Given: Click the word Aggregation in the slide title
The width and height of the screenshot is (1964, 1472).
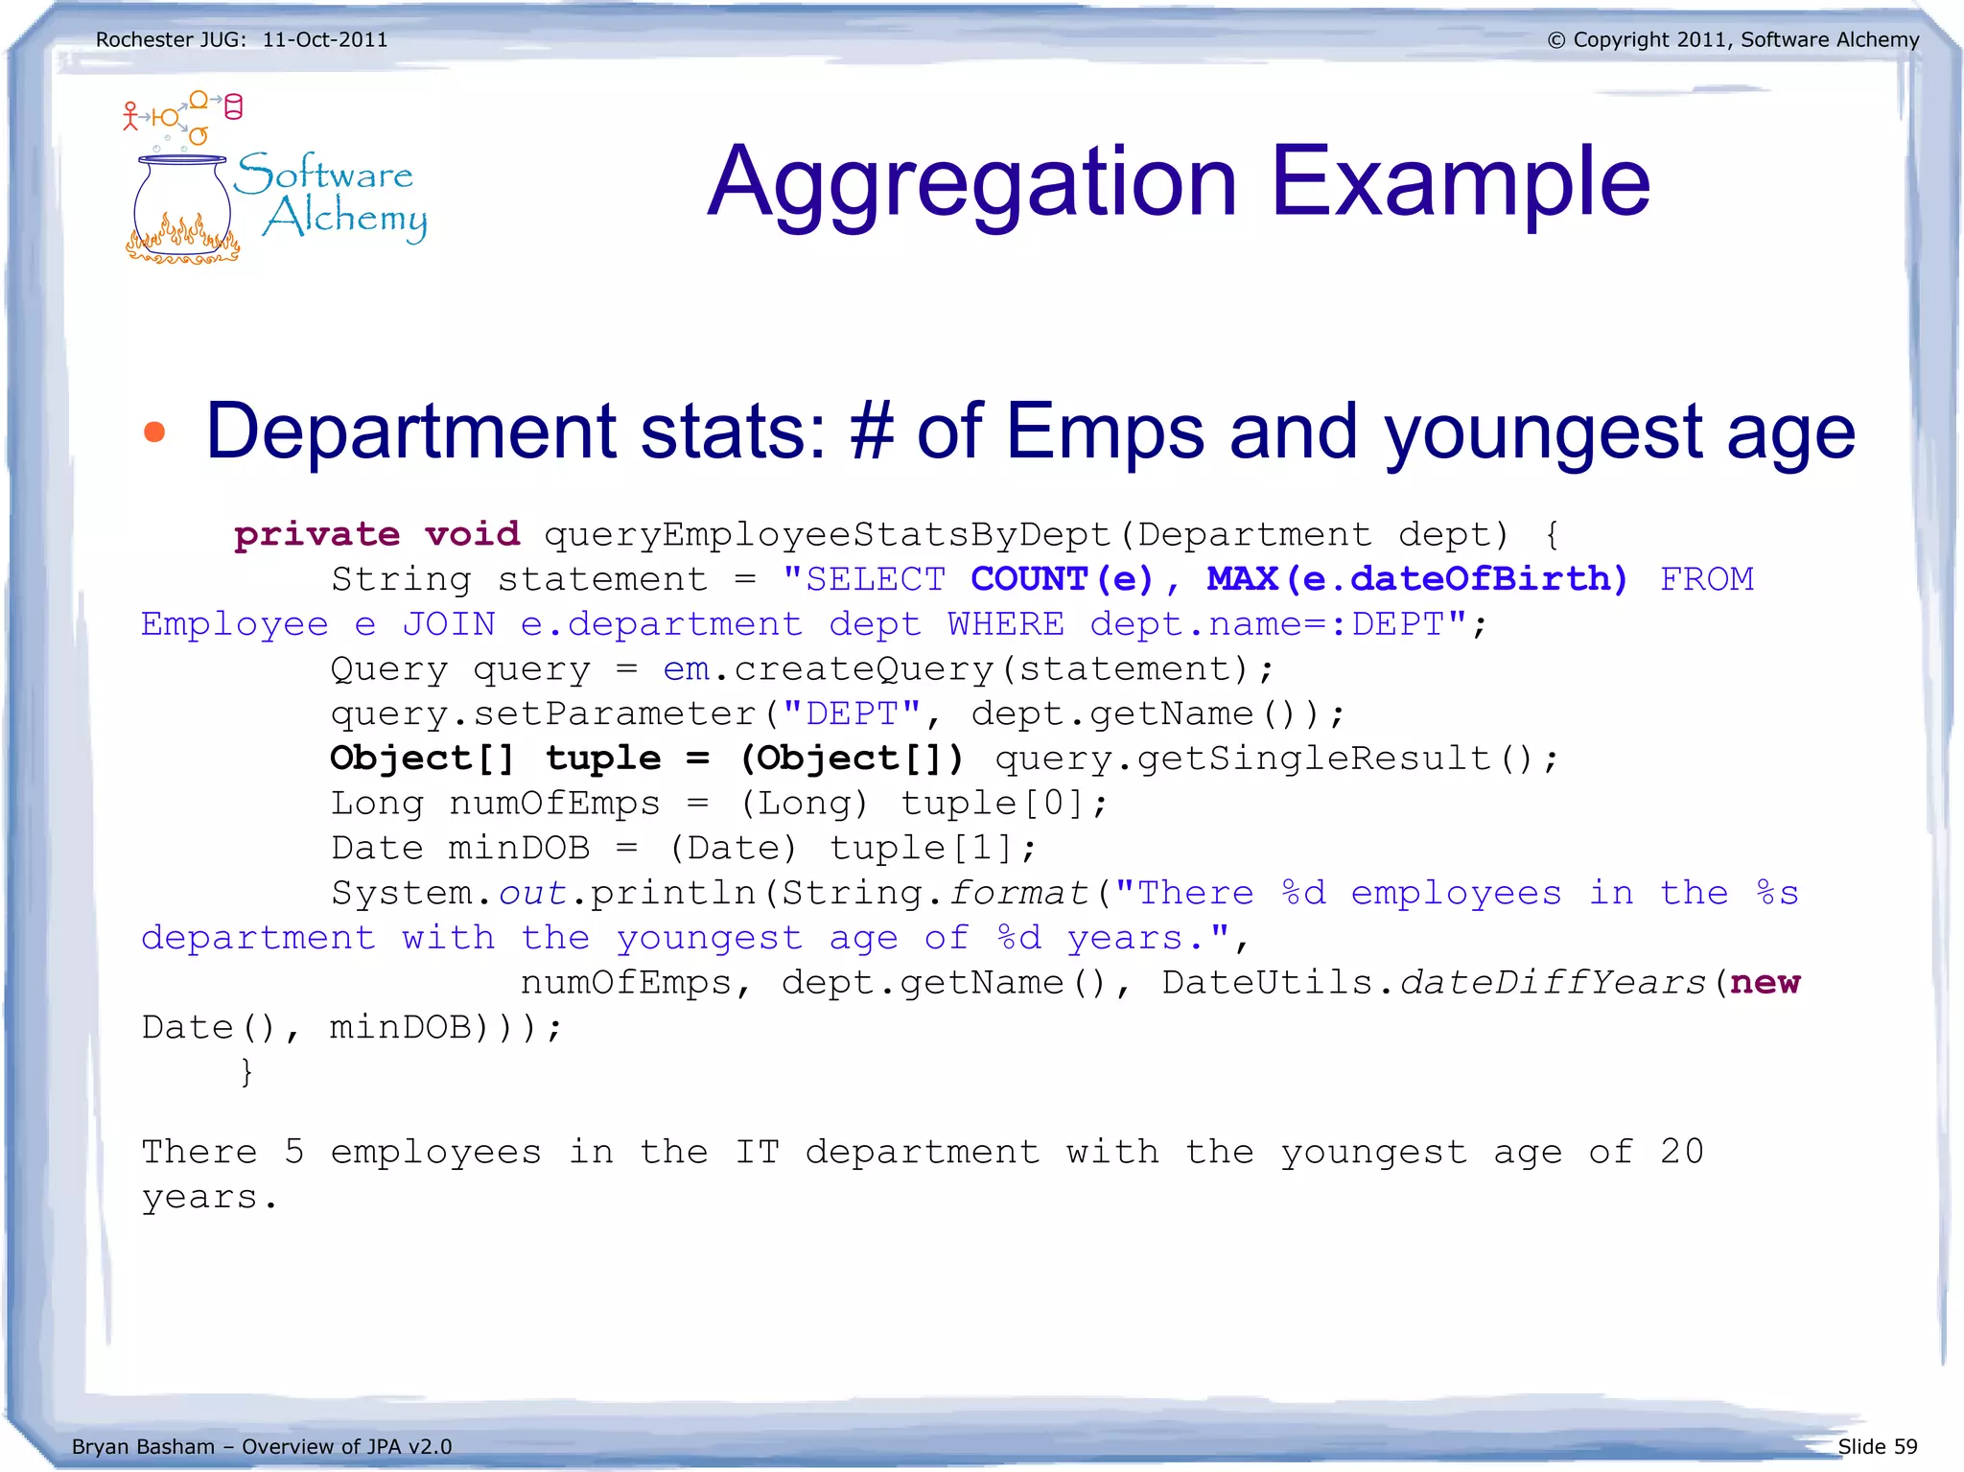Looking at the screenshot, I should [972, 183].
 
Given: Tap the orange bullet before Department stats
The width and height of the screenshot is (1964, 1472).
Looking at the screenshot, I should [154, 432].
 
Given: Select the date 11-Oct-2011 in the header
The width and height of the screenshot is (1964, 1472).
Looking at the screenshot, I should [325, 40].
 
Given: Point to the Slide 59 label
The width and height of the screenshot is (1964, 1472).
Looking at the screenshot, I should [1877, 1446].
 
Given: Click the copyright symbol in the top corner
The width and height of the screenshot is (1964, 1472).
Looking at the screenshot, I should [1555, 40].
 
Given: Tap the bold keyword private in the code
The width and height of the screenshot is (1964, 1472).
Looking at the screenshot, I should [316, 534].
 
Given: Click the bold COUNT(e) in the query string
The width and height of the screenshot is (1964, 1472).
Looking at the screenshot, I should [1062, 579].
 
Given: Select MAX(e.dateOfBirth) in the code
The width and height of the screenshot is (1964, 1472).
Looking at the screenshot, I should [1416, 579].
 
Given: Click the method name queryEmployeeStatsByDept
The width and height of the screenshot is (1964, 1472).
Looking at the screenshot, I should [827, 534].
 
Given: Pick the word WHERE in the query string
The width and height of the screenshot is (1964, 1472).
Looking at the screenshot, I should [1006, 624].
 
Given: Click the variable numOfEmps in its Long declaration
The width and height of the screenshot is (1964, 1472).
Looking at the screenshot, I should [554, 804].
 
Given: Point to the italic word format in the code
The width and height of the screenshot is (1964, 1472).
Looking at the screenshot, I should [1018, 894].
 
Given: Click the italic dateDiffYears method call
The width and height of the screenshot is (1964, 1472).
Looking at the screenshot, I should [1554, 983].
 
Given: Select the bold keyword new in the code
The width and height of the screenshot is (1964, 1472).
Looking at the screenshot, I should [1765, 983].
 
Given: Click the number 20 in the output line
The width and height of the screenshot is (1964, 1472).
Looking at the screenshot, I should [1681, 1152].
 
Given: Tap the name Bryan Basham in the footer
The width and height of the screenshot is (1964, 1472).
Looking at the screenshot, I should [143, 1447].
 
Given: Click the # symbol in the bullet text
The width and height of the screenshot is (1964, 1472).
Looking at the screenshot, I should [872, 432].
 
